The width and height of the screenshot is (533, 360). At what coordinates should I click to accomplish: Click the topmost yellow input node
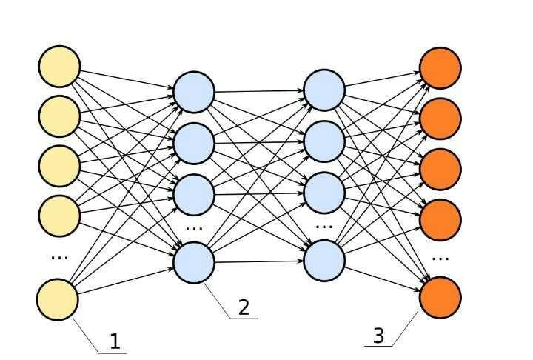point(59,67)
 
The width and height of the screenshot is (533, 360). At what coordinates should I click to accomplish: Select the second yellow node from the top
point(59,116)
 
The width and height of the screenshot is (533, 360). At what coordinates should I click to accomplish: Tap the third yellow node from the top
point(59,166)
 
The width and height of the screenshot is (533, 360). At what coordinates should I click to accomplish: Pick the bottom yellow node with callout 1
point(58,300)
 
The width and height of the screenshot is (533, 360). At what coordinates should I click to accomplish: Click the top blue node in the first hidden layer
point(194,92)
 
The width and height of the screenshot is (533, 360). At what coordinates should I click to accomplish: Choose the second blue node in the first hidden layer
point(194,141)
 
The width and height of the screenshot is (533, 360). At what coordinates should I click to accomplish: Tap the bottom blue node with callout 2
point(194,263)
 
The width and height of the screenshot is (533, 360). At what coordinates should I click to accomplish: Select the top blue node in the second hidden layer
point(324,90)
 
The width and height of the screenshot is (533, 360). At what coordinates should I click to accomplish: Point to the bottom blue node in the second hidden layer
point(324,261)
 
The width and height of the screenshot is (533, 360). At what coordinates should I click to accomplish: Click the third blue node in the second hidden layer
point(324,191)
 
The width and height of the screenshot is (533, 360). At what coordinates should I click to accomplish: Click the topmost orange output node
point(440,67)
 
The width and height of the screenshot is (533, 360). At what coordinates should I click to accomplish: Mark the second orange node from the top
point(440,118)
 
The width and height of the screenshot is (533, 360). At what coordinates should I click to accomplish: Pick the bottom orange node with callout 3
point(440,296)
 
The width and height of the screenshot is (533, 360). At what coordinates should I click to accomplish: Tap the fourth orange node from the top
point(440,219)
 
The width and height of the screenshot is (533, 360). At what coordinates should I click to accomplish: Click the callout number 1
point(115,342)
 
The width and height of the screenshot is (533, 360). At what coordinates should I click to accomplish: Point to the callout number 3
point(378,336)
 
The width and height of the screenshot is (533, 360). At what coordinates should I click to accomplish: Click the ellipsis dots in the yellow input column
point(59,257)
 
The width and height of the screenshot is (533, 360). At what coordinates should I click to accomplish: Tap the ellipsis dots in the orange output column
point(440,259)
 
